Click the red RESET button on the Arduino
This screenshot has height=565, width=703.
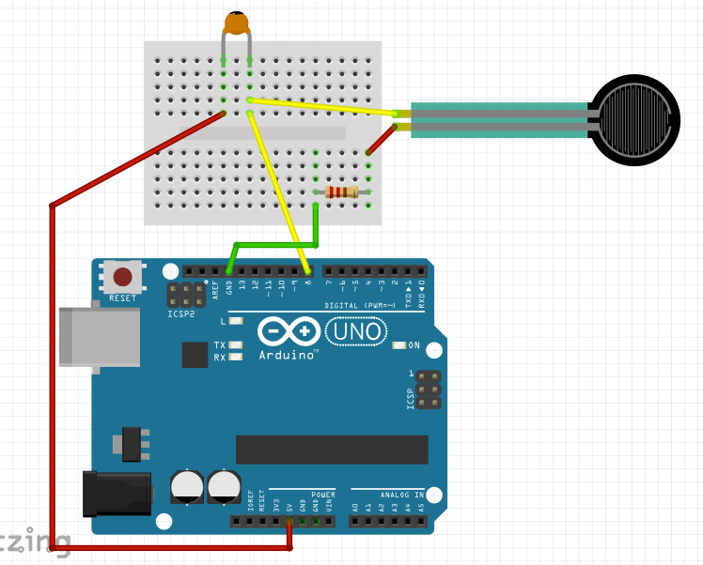click(123, 277)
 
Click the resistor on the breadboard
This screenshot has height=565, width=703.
click(340, 192)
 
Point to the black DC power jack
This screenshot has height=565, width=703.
click(117, 494)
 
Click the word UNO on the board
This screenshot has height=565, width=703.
click(354, 331)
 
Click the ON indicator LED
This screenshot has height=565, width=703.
click(399, 345)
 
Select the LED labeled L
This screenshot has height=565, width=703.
click(236, 321)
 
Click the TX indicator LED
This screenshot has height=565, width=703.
click(236, 345)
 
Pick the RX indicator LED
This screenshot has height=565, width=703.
click(236, 357)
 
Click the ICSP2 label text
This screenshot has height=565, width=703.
click(181, 314)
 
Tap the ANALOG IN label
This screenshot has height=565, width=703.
click(401, 494)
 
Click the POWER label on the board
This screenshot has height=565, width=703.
click(322, 494)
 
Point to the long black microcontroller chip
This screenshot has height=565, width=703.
click(332, 449)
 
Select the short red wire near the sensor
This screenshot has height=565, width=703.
click(381, 139)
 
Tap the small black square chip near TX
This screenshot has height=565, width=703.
click(195, 354)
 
